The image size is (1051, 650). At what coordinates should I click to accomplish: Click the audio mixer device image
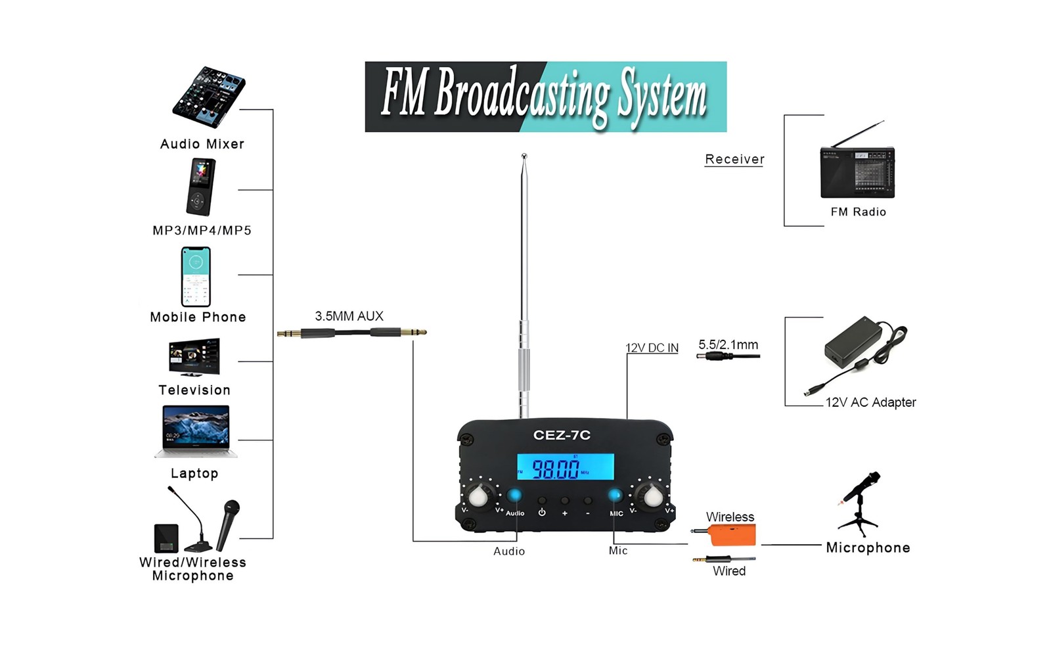(x=209, y=97)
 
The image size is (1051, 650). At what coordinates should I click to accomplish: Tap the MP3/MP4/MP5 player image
(x=200, y=187)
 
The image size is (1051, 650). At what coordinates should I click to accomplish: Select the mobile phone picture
(x=196, y=277)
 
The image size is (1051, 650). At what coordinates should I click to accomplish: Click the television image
(x=194, y=357)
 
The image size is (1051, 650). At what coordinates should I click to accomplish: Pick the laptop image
(x=196, y=430)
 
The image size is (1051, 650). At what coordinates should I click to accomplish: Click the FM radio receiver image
(x=857, y=166)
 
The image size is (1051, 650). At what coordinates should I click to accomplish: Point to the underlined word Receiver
(x=734, y=159)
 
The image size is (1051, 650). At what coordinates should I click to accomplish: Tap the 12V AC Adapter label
(x=870, y=402)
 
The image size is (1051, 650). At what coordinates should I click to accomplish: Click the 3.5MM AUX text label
(x=349, y=316)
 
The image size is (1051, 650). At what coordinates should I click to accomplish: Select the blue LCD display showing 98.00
(x=565, y=467)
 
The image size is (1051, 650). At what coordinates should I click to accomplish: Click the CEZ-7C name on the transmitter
(x=562, y=435)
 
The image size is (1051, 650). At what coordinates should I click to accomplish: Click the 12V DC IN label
(x=652, y=348)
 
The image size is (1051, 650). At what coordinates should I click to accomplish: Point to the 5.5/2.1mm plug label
(x=728, y=344)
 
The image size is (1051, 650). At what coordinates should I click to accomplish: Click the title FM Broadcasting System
(x=545, y=97)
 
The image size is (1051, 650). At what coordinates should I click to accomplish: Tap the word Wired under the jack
(x=729, y=571)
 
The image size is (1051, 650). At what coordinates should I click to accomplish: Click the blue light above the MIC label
(x=615, y=495)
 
